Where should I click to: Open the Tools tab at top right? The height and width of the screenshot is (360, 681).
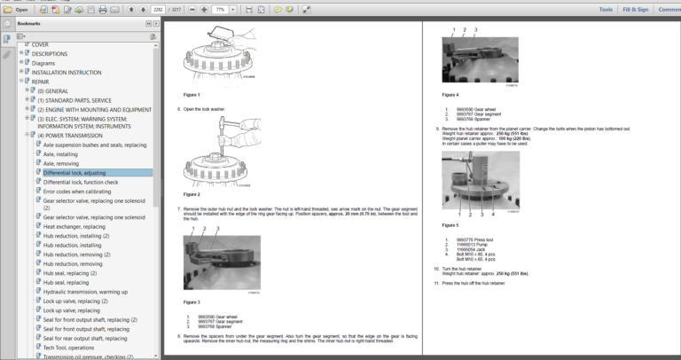pyautogui.click(x=606, y=10)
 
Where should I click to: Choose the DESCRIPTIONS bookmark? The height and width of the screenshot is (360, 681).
pyautogui.click(x=55, y=53)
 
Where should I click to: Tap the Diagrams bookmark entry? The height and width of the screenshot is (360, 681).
pyautogui.click(x=44, y=63)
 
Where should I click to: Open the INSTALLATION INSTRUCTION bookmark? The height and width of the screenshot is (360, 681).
pyautogui.click(x=67, y=72)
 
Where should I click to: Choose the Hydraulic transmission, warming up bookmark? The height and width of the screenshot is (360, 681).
pyautogui.click(x=85, y=292)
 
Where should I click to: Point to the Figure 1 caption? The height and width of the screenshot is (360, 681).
pyautogui.click(x=192, y=94)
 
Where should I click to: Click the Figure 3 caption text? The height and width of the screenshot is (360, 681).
pyautogui.click(x=192, y=302)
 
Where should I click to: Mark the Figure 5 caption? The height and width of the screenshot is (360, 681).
pyautogui.click(x=450, y=225)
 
